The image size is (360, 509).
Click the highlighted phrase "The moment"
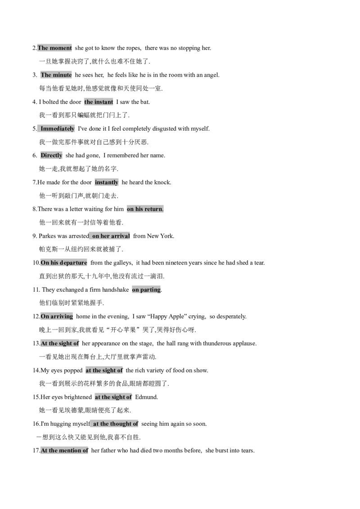(x=54, y=48)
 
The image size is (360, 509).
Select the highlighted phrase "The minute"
(x=56, y=75)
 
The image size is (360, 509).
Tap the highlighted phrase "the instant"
(x=99, y=102)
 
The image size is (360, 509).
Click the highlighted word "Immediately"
(x=58, y=129)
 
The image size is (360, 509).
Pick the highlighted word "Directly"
(x=51, y=156)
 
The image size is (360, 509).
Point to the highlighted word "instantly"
(x=107, y=183)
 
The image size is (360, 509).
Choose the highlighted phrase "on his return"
(x=145, y=209)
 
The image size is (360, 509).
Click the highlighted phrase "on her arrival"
(x=111, y=236)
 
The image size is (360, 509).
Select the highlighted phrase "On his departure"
(x=64, y=263)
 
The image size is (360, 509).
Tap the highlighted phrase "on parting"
(x=147, y=290)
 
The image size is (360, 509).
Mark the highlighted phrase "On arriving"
(x=57, y=317)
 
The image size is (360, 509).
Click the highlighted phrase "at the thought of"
(x=115, y=424)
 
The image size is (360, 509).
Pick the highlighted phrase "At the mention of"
(x=65, y=451)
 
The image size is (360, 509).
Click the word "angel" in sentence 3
(x=211, y=75)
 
